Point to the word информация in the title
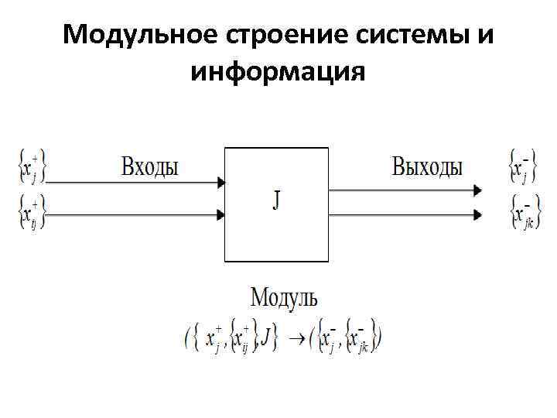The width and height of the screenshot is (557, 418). [x=277, y=73]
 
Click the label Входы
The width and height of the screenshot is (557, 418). [x=149, y=166]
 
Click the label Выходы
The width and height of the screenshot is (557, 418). [x=427, y=166]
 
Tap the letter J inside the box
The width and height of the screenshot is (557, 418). [x=277, y=200]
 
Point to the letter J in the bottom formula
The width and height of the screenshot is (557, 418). [x=267, y=337]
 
